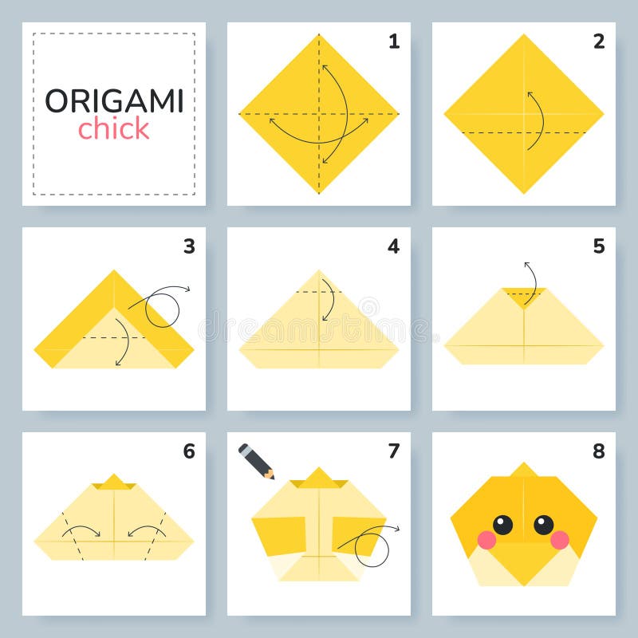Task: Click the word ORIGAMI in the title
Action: (x=114, y=101)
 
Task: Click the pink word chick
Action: (x=113, y=128)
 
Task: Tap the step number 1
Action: (x=394, y=41)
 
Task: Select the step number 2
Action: (x=599, y=41)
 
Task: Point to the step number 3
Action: (x=189, y=246)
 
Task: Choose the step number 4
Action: (x=394, y=246)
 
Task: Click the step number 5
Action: (x=599, y=246)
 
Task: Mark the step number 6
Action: (x=189, y=451)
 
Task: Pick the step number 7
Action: (x=394, y=451)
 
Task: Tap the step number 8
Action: (x=599, y=451)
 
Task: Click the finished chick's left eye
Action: (x=502, y=524)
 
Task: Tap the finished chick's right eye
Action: (x=544, y=524)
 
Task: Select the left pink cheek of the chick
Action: (x=486, y=540)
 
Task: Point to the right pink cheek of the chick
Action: (x=560, y=540)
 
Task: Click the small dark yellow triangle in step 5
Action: (x=524, y=296)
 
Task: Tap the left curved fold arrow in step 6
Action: (x=81, y=530)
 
